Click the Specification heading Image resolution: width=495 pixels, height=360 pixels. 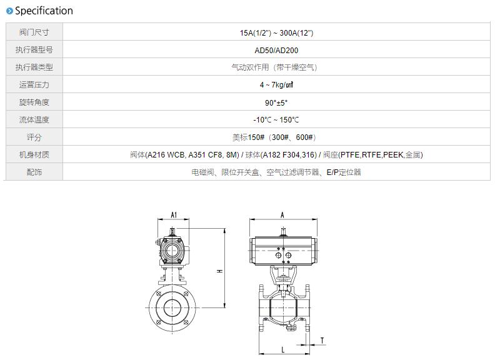pyautogui.click(x=44, y=11)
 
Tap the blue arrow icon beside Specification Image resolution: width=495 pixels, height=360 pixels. pyautogui.click(x=10, y=11)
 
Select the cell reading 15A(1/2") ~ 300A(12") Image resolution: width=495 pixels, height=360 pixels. pyautogui.click(x=276, y=33)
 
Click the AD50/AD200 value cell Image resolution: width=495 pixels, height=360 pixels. pyautogui.click(x=276, y=50)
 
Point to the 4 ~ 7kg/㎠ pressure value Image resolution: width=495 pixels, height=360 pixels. pyautogui.click(x=276, y=84)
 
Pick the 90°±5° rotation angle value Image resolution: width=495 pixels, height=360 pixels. pyautogui.click(x=276, y=102)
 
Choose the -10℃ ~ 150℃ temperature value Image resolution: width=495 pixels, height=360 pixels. pyautogui.click(x=276, y=120)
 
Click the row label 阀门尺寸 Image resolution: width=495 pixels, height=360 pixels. pyautogui.click(x=34, y=32)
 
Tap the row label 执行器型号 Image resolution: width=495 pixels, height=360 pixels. pyautogui.click(x=34, y=50)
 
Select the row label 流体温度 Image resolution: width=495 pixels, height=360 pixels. pyautogui.click(x=34, y=120)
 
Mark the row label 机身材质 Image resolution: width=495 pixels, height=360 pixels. pyautogui.click(x=34, y=155)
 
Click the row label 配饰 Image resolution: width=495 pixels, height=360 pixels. pyautogui.click(x=34, y=172)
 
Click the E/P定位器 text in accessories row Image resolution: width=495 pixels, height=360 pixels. pyautogui.click(x=344, y=172)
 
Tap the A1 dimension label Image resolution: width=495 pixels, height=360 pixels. pyautogui.click(x=174, y=215)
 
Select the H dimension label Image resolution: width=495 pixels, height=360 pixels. pyautogui.click(x=220, y=271)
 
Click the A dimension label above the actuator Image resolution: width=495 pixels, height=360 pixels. pyautogui.click(x=282, y=215)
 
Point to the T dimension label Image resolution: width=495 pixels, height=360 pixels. pyautogui.click(x=322, y=341)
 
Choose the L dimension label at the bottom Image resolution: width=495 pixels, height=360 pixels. pyautogui.click(x=283, y=349)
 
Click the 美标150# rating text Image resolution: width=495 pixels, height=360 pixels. pyautogui.click(x=248, y=137)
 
